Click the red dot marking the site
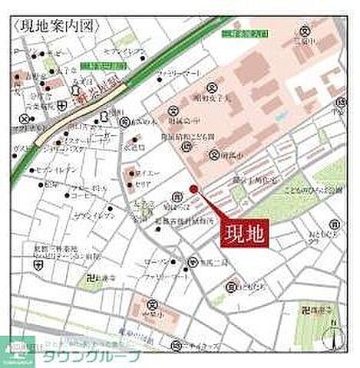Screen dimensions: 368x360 click(x=193, y=189)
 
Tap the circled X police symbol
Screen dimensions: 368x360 click(x=23, y=119)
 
